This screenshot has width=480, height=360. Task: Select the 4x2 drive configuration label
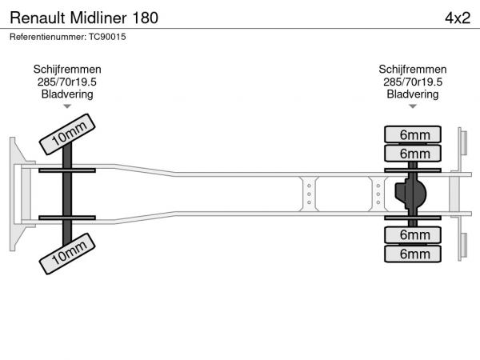(x=452, y=18)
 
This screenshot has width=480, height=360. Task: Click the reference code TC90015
(x=108, y=37)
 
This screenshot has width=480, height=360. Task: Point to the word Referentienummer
(x=47, y=37)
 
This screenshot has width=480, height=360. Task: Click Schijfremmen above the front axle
(x=67, y=70)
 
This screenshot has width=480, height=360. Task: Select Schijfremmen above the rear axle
(x=413, y=70)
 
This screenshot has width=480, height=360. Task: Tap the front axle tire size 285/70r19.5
(x=67, y=82)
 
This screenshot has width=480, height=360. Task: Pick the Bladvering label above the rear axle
(x=413, y=94)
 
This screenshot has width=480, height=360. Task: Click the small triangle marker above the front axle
(x=67, y=106)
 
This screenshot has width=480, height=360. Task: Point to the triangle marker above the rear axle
(x=413, y=106)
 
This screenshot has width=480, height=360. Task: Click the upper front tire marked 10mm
(x=68, y=134)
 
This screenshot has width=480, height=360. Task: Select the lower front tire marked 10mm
(x=68, y=255)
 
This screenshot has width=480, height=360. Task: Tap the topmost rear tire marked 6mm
(x=414, y=134)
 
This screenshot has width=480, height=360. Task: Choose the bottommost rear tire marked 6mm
(x=414, y=254)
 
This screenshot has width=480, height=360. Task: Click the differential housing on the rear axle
(x=410, y=194)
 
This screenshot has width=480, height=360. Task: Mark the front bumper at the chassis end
(x=18, y=194)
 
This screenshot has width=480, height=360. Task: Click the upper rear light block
(x=462, y=144)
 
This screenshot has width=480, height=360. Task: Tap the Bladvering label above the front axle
(x=67, y=94)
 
